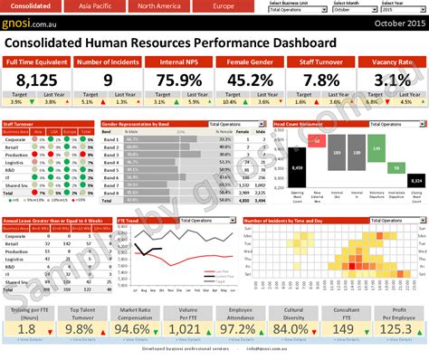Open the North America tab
(157, 6)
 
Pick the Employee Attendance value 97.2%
(240, 328)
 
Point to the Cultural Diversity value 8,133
(292, 328)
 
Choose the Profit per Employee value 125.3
(396, 328)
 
